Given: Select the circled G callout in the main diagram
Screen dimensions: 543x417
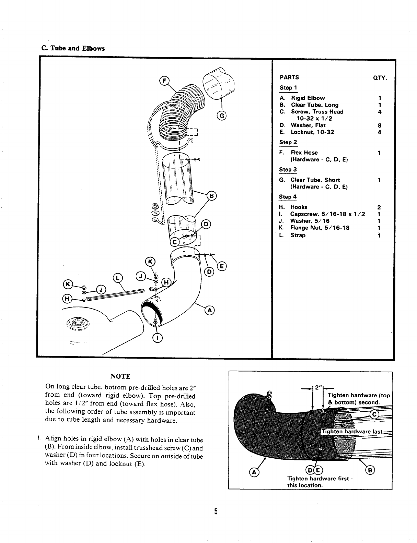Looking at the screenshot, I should (x=222, y=116).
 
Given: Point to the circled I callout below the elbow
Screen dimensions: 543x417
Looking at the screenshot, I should (x=157, y=338).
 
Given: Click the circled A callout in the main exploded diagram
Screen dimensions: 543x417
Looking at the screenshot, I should (x=209, y=311).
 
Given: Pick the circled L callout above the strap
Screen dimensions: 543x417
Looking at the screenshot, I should (x=117, y=278).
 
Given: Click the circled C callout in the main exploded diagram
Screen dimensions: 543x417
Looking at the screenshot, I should (x=174, y=242).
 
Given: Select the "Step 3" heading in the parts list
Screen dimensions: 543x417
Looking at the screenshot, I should (x=288, y=170).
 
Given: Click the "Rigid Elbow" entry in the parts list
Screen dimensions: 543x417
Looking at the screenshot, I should (x=308, y=98).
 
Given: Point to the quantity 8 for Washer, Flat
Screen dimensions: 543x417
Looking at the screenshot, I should (x=380, y=125).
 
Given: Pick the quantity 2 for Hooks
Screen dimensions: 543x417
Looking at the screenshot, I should (x=379, y=207).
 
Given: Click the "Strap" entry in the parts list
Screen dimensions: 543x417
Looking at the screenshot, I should (x=298, y=235).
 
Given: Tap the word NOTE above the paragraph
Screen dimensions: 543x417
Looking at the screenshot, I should (x=120, y=376).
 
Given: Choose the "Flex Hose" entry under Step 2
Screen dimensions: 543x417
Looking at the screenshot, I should (x=304, y=153).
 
